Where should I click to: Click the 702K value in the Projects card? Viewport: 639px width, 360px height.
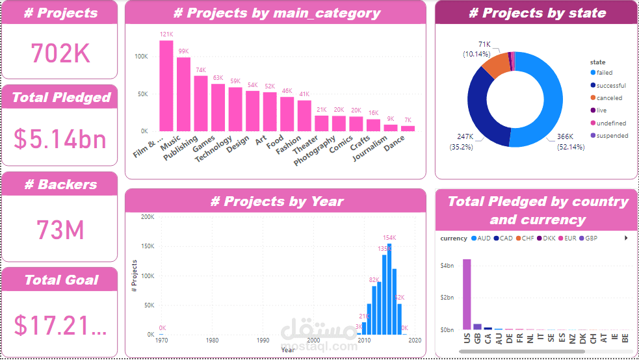60,53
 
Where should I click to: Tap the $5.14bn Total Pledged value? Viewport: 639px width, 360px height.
60,138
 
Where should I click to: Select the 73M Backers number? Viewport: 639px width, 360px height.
60,231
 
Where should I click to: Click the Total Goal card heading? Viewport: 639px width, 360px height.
61,280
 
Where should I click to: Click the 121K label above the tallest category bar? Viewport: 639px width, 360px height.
166,34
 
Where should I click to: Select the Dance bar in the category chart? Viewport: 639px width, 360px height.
408,128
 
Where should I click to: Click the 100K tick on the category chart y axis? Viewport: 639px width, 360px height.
141,57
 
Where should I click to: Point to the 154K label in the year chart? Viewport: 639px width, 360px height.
389,238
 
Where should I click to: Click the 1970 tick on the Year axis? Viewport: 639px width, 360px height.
162,341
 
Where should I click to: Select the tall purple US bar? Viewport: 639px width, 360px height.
467,294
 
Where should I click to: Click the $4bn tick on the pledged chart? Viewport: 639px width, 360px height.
447,265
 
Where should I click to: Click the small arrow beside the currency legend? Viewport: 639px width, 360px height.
626,238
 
